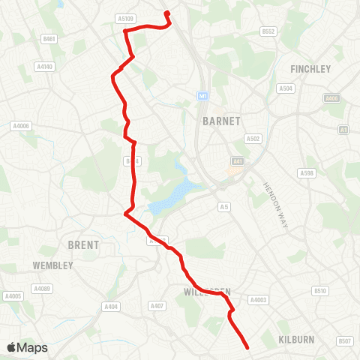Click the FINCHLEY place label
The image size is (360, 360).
(310, 68)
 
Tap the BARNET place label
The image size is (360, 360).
(221, 121)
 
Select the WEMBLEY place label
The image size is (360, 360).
(52, 265)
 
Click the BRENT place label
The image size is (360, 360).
(83, 244)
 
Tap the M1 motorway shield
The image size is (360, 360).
(202, 96)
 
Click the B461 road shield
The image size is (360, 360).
(50, 38)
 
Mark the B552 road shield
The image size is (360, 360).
(269, 31)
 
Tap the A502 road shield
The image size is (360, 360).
(253, 139)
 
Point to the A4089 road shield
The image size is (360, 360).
(41, 288)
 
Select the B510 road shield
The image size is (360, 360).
(321, 290)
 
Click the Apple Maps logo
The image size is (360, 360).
(26, 347)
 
